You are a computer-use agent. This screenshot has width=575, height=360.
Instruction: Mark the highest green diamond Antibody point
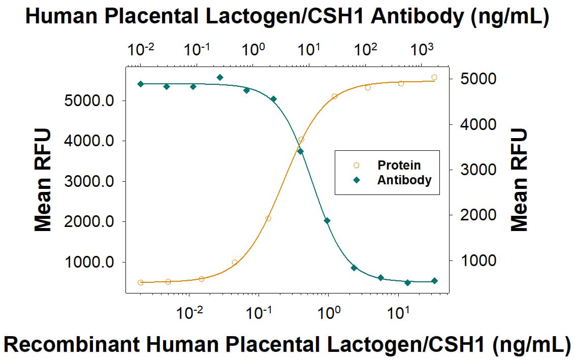click(x=220, y=77)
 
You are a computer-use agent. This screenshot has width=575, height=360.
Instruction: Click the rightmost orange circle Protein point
click(x=434, y=77)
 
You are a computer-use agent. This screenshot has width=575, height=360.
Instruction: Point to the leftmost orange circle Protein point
click(x=141, y=282)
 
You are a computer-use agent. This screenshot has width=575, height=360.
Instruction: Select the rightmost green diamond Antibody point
click(x=434, y=281)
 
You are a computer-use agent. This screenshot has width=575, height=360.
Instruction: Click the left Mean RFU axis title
click(x=43, y=180)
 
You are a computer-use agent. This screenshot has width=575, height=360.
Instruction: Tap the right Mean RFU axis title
click(x=519, y=180)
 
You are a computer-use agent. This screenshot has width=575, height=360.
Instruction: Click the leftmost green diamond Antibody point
click(x=141, y=84)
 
